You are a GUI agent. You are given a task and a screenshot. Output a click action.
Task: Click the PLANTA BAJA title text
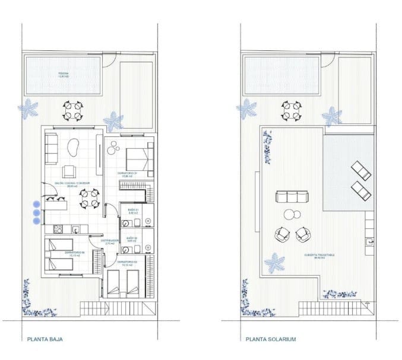(45, 340)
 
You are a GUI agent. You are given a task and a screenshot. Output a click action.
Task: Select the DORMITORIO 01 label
(128, 174)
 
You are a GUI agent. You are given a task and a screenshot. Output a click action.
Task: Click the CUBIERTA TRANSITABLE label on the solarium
(320, 256)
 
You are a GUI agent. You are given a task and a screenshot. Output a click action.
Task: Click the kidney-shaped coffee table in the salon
(75, 147)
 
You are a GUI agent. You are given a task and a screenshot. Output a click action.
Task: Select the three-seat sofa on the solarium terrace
(291, 197)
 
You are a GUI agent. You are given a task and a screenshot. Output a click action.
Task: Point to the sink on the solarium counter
(370, 241)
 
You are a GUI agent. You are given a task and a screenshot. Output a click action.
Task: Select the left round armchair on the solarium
(281, 235)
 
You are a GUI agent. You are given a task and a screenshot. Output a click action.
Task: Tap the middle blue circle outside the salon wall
(37, 212)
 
